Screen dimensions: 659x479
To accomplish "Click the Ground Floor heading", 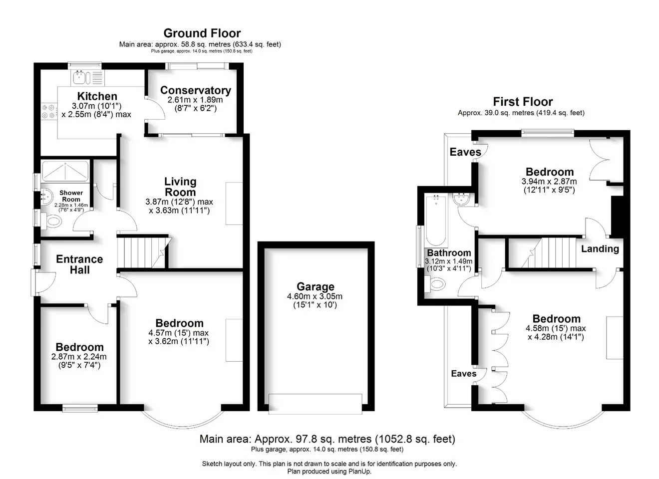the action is coord(202,33).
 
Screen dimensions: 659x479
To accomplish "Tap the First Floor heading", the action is coord(523,102).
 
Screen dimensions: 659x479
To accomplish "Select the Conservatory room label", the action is coord(196,90).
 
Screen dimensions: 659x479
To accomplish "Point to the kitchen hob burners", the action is coord(48,111).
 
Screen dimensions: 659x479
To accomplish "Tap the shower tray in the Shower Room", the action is coord(65,172).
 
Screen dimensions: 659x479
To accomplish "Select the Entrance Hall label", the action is coord(79,264).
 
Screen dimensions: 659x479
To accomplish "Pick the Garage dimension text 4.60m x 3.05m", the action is coord(315,296).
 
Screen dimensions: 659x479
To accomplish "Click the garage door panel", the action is coord(316,404).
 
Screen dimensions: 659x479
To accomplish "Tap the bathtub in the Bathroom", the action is coord(436,221).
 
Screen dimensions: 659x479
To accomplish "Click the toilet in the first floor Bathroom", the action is coord(435,284).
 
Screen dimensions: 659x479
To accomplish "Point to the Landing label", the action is coord(600,249).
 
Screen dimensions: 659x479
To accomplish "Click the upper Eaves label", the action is coord(465,152).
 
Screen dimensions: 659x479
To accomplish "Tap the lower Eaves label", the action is coord(464,373).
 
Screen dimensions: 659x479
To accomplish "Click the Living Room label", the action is coord(180,187).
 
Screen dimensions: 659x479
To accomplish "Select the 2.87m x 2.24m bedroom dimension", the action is coord(79,357).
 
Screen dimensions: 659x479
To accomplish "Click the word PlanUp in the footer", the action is coord(360,472).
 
